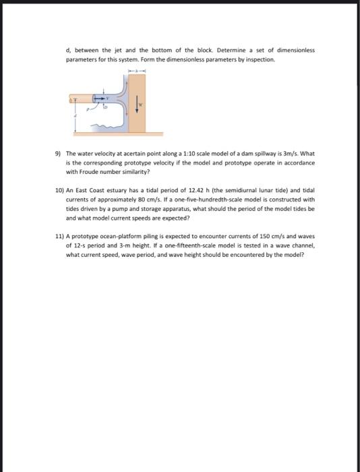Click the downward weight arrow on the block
[138, 103]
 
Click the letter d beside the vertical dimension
[75, 116]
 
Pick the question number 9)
[59, 154]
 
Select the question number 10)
[60, 191]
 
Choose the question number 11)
[60, 237]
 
